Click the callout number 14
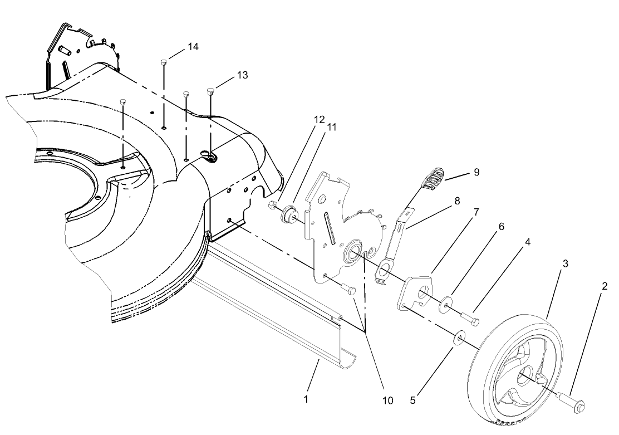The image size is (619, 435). (x=193, y=47)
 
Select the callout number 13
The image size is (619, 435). (x=242, y=75)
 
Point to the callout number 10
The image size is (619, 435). (x=387, y=400)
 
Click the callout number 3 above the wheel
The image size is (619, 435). (x=566, y=263)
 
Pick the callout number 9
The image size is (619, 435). (x=476, y=173)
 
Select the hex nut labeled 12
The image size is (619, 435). (x=272, y=206)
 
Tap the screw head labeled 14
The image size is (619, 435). (x=164, y=61)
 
